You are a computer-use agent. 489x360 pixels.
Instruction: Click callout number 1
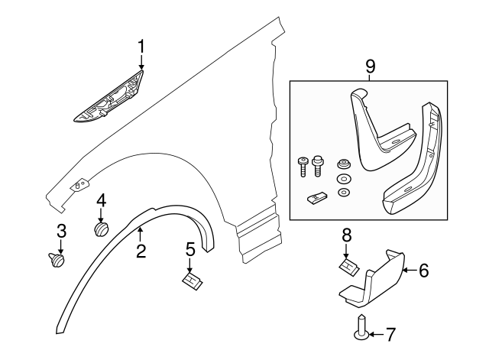[141, 48]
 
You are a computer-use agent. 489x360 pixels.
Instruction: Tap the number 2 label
[141, 250]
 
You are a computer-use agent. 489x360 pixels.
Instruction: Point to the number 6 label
[425, 270]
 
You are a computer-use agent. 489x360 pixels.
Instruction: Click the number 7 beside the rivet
[390, 334]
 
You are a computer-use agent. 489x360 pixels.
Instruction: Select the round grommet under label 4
[100, 228]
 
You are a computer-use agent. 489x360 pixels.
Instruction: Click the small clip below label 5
[191, 280]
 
